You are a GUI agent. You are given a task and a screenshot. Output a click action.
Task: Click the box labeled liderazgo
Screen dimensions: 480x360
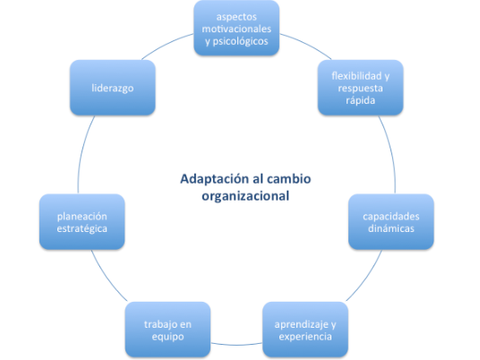click(113, 88)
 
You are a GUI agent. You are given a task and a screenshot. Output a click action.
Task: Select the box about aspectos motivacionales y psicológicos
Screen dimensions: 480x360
click(236, 28)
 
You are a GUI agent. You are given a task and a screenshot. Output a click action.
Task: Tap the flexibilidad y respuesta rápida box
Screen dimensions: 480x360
click(361, 88)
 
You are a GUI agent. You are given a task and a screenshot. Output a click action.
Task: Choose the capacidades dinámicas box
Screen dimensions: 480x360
click(391, 221)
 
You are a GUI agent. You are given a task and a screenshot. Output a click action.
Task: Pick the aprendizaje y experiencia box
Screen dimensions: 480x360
click(305, 330)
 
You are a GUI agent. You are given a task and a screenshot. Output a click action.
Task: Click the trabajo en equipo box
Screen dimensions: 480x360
click(167, 330)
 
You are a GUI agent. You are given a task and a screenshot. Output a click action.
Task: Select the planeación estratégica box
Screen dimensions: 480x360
click(82, 221)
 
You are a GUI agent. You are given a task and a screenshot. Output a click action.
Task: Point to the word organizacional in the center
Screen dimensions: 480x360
click(245, 196)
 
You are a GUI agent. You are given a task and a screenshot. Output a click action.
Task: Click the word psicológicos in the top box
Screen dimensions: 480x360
click(240, 41)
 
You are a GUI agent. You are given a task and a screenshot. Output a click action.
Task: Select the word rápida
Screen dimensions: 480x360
click(360, 100)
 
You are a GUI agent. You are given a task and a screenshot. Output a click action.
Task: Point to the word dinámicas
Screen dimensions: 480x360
click(391, 228)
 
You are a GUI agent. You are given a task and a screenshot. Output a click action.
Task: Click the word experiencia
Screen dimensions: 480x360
click(305, 337)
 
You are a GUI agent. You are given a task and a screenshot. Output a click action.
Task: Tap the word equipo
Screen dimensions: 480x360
click(167, 337)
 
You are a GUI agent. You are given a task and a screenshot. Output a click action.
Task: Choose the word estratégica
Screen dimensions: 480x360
click(82, 228)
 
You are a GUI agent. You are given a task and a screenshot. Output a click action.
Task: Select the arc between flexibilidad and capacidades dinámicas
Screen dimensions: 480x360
click(391, 153)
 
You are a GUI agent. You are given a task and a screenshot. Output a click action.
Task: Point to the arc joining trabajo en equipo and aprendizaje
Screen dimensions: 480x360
click(236, 345)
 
